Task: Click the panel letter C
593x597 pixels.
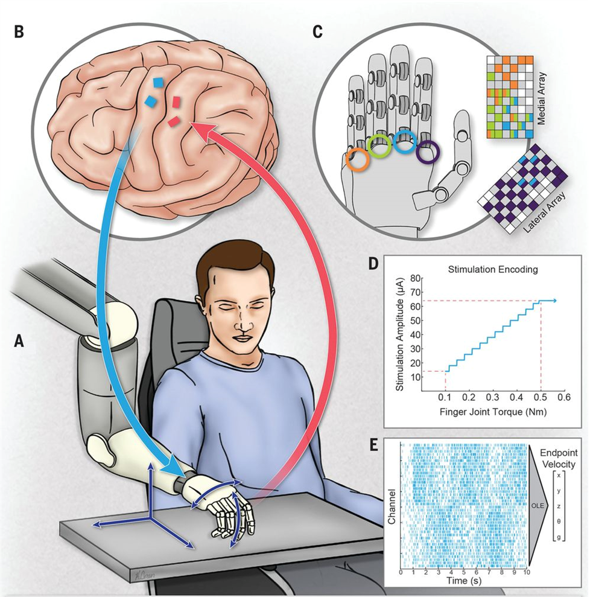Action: [x=318, y=31]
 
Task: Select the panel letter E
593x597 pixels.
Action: [x=374, y=445]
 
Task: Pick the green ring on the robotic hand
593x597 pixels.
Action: [x=380, y=145]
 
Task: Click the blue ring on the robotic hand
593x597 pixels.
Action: [x=404, y=141]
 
